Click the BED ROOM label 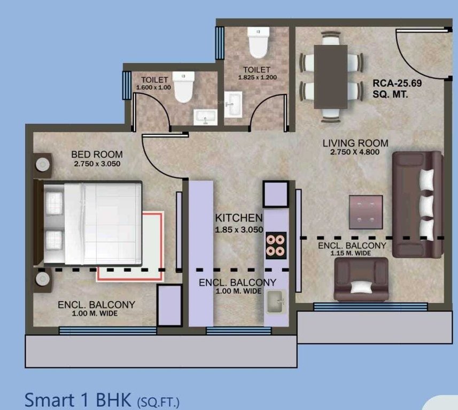[97, 155]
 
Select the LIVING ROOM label [355, 143]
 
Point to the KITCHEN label [238, 218]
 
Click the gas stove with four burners [276, 246]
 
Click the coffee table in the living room [366, 211]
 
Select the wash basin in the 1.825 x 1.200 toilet [234, 104]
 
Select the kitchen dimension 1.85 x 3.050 [238, 230]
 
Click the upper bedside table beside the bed [42, 165]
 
